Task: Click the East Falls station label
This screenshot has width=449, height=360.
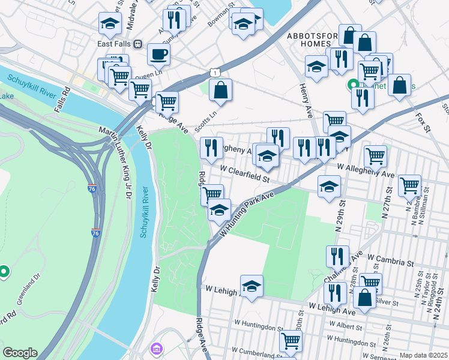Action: click(114, 44)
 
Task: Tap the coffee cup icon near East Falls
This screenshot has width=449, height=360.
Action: click(158, 54)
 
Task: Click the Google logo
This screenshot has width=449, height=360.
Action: click(20, 353)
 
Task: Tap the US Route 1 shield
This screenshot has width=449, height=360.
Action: click(214, 72)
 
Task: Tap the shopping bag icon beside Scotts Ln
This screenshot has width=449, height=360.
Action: click(221, 91)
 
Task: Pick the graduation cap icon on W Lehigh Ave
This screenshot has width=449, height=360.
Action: click(252, 286)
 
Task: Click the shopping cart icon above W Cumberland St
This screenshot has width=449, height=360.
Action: click(291, 341)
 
